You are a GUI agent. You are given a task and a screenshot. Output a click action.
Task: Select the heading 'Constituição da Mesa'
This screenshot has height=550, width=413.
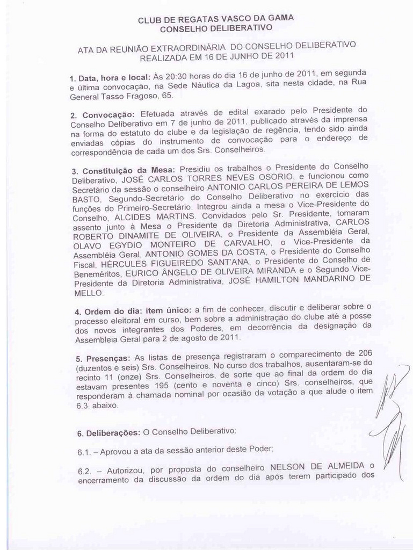[x=124, y=170]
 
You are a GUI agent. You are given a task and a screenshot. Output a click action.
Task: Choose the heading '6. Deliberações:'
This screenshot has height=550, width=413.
[x=108, y=432]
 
